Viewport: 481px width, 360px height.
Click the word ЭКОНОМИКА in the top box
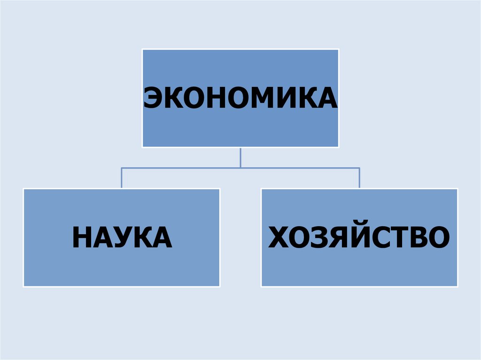(x=240, y=98)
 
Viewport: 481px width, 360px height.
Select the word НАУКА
(x=122, y=237)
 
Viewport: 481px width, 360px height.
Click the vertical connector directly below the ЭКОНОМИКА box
(x=240, y=157)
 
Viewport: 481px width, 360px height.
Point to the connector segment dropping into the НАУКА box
(x=122, y=178)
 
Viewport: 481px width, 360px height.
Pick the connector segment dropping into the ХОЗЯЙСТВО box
(x=359, y=178)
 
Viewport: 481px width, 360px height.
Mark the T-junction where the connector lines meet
(x=240, y=168)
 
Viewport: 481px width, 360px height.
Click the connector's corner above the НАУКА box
(x=122, y=168)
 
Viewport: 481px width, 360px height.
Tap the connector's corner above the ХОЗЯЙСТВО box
(x=359, y=168)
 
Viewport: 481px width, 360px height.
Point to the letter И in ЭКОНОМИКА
(x=286, y=98)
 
